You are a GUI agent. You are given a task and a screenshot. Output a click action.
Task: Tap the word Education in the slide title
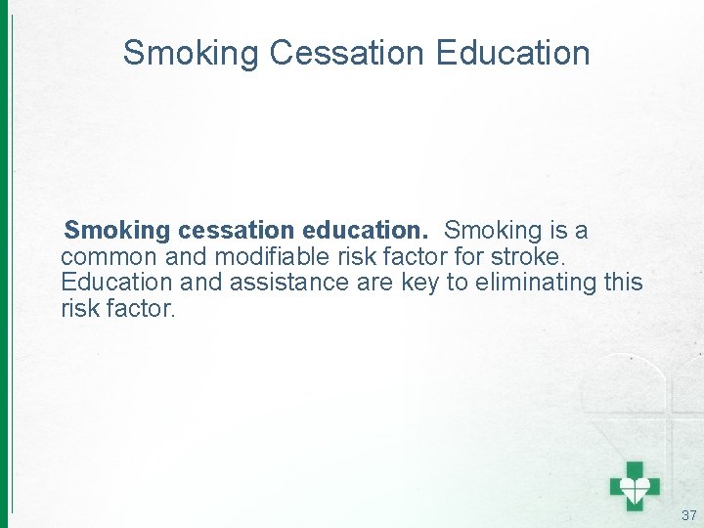(514, 53)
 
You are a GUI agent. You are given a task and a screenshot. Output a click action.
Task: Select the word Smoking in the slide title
(192, 53)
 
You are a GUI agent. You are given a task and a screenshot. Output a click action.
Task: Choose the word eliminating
(536, 283)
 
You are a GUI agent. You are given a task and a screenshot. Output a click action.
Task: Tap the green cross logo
(635, 484)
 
